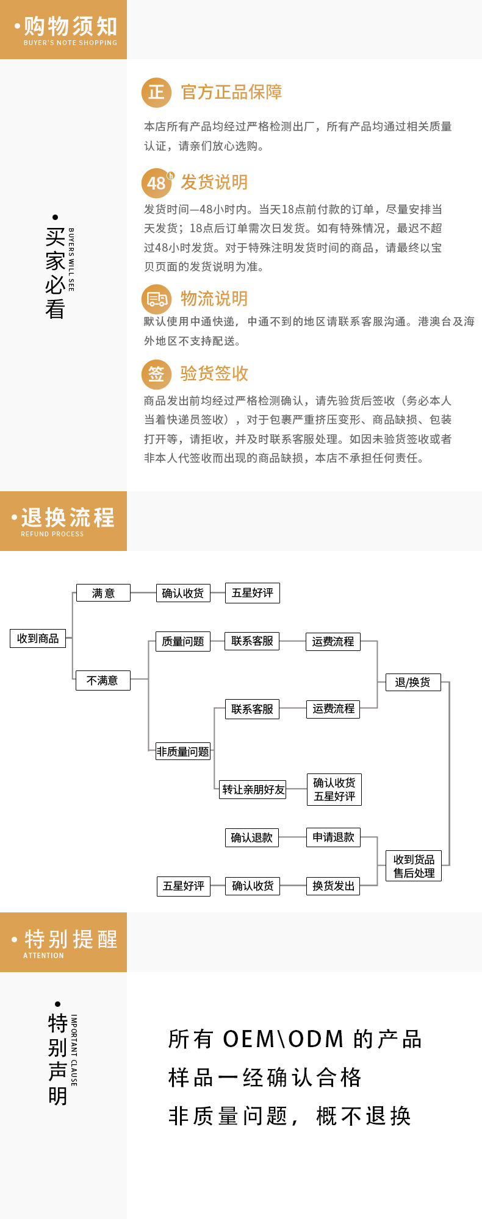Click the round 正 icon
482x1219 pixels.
(x=156, y=93)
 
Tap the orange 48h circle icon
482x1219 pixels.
(x=157, y=183)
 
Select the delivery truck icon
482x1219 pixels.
(x=156, y=299)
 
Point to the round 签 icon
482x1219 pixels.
(x=156, y=374)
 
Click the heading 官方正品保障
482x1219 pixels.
(x=231, y=93)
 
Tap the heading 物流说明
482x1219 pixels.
(x=214, y=299)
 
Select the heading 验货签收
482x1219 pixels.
(x=214, y=374)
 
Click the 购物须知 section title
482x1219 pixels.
(x=70, y=27)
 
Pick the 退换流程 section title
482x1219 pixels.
(x=68, y=518)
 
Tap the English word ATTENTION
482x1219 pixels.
(x=43, y=956)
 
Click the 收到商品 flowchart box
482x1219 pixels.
(x=38, y=638)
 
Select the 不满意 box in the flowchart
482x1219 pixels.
(x=103, y=680)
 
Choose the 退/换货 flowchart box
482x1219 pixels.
(x=412, y=682)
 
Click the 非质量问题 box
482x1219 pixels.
(x=182, y=752)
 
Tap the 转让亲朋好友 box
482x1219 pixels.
(x=253, y=789)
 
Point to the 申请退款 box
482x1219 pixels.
(x=333, y=837)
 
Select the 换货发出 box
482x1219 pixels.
(x=333, y=886)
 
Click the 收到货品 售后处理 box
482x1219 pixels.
(x=414, y=866)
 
